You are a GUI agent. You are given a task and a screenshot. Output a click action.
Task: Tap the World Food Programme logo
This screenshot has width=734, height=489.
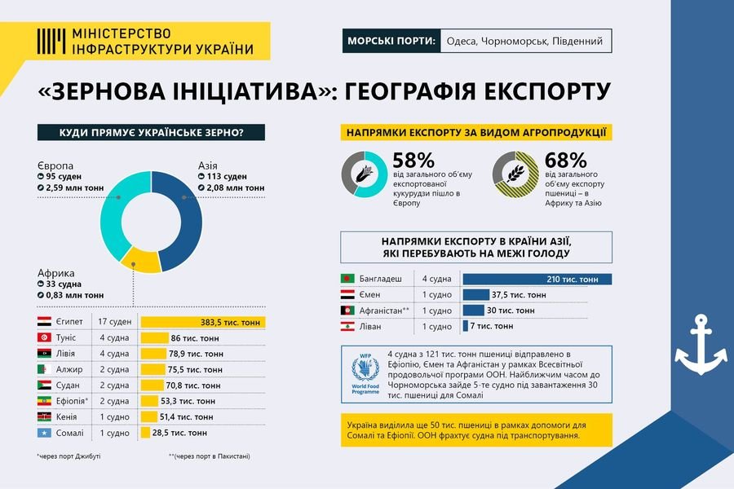365,374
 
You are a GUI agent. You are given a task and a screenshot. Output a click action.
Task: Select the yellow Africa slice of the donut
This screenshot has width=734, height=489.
141,262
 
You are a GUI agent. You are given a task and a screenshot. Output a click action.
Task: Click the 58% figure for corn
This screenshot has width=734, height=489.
413,161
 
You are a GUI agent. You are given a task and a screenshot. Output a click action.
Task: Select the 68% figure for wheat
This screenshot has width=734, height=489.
565,161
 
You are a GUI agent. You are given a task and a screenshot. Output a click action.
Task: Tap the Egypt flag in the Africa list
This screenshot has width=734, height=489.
45,321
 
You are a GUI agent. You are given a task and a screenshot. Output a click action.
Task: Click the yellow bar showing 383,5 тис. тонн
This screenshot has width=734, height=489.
203,322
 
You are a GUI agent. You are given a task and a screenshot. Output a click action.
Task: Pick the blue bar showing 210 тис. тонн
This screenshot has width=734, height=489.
537,280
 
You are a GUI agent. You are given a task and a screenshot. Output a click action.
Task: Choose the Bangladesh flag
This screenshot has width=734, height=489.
347,279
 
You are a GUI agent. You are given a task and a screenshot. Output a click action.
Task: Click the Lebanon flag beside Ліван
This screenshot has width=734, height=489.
347,326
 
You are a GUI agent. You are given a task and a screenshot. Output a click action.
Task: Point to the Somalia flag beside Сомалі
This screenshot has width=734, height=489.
45,433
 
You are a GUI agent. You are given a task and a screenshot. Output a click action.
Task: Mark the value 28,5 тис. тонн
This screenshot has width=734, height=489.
179,433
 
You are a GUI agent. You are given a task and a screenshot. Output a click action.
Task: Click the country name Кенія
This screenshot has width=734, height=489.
67,417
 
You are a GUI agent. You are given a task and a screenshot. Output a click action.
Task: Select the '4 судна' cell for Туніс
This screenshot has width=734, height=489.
114,338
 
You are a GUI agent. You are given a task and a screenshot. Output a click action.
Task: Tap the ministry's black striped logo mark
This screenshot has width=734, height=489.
51,42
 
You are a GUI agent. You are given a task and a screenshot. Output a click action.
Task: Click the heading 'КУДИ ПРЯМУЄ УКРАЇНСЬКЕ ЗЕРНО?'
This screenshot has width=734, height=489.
151,132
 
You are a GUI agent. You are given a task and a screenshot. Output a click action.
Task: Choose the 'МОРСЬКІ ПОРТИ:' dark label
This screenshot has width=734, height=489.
391,41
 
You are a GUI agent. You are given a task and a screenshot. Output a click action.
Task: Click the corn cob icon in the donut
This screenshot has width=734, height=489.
365,174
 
